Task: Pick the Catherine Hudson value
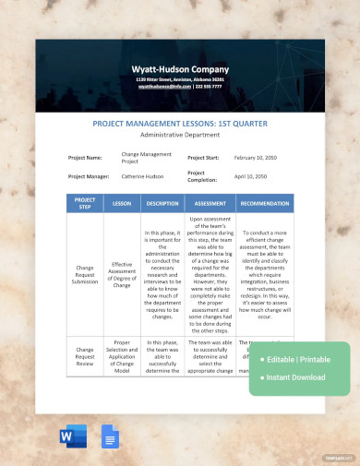click(x=144, y=175)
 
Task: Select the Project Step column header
click(x=84, y=203)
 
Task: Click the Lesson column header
click(x=122, y=203)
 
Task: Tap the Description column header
click(x=162, y=203)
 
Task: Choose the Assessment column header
click(x=210, y=203)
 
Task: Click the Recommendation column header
click(x=266, y=203)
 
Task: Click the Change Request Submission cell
click(x=84, y=275)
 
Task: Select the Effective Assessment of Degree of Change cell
click(x=122, y=275)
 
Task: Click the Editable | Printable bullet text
click(x=296, y=358)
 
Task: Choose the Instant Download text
click(x=295, y=376)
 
